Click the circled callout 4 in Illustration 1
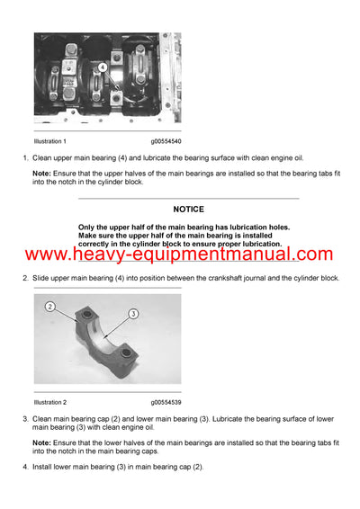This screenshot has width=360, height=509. pyautogui.click(x=103, y=67)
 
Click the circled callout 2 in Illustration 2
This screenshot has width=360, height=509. pyautogui.click(x=51, y=307)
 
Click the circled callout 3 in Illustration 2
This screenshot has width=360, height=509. pyautogui.click(x=132, y=314)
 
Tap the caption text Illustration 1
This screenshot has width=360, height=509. pyautogui.click(x=50, y=142)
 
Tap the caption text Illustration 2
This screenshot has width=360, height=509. pyautogui.click(x=50, y=402)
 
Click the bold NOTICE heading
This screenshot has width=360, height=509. pyautogui.click(x=189, y=210)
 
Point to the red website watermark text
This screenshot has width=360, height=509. pyautogui.click(x=179, y=255)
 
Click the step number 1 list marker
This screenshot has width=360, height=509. pyautogui.click(x=25, y=159)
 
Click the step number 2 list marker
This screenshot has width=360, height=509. pyautogui.click(x=25, y=278)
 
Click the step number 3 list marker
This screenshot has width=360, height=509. pyautogui.click(x=25, y=419)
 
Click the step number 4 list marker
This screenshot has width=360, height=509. pyautogui.click(x=25, y=466)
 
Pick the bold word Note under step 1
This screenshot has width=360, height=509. pyautogui.click(x=41, y=174)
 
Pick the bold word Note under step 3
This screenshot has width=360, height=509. pyautogui.click(x=41, y=442)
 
